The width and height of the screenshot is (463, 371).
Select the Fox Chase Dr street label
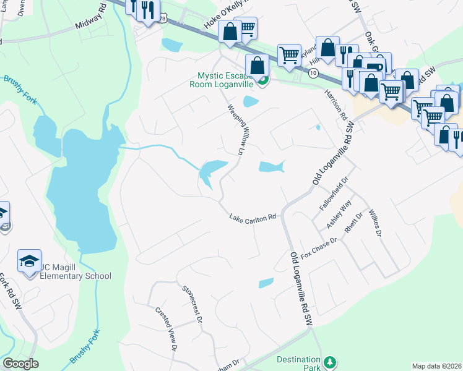point(319,247)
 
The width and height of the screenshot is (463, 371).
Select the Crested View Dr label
point(167,329)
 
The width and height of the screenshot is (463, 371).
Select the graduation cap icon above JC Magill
point(29,262)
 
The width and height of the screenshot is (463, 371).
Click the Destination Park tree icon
point(331,361)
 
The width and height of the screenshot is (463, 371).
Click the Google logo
point(20,364)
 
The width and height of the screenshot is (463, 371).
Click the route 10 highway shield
point(314,74)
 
